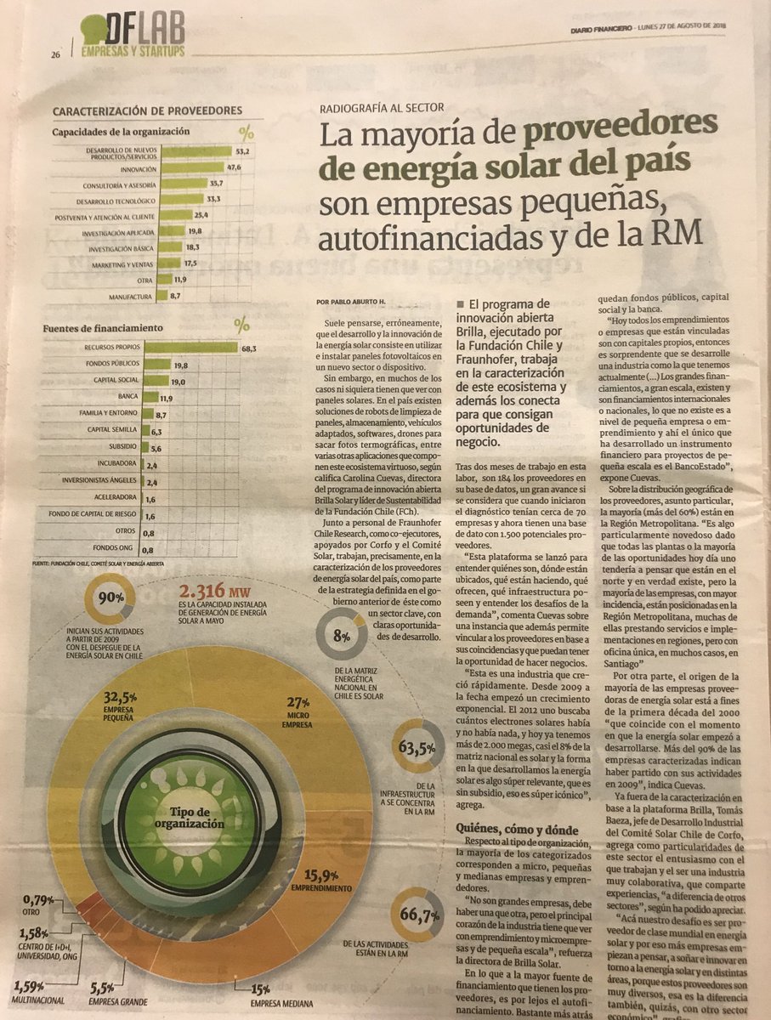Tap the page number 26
coord(55,55)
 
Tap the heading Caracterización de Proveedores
coord(148,110)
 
